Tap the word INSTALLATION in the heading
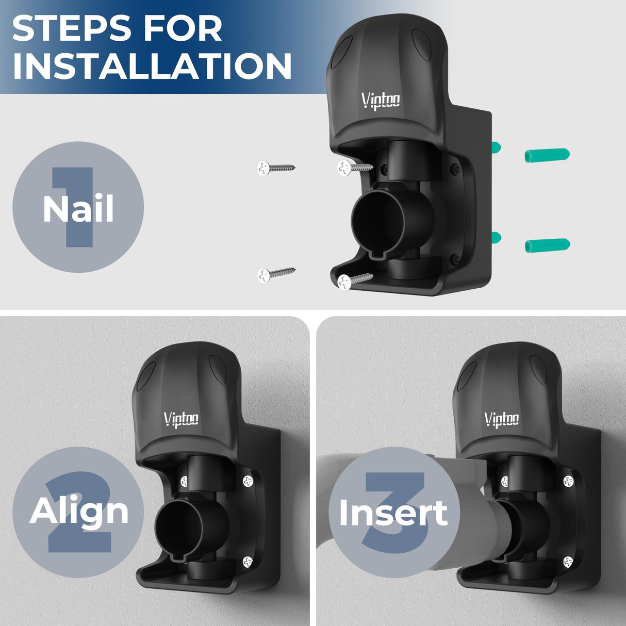click(152, 66)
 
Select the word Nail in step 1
click(78, 209)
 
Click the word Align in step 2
click(79, 511)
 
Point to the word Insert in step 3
click(393, 513)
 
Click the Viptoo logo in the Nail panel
click(381, 100)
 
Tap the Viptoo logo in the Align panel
click(181, 419)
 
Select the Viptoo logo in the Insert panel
click(501, 419)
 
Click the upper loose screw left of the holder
click(275, 168)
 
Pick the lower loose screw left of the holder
click(275, 274)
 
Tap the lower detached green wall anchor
click(547, 245)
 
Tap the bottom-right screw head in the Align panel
click(248, 562)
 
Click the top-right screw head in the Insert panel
click(568, 481)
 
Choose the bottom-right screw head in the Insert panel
click(568, 562)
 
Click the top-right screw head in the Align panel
click(248, 481)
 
